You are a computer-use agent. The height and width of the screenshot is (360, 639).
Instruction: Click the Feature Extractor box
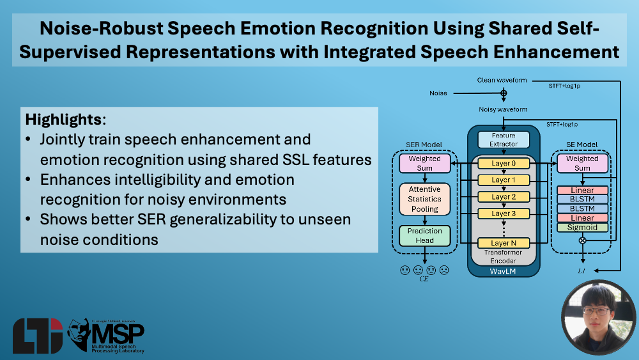click(x=504, y=139)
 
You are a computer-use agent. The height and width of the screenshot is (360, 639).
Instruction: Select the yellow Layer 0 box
click(x=504, y=163)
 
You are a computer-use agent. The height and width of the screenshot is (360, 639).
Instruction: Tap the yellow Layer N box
click(x=504, y=243)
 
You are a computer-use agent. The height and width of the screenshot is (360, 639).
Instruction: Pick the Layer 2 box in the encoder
click(x=504, y=197)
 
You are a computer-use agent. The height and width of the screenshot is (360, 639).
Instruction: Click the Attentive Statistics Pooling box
click(x=425, y=199)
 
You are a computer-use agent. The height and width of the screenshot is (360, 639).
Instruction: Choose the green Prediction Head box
click(x=425, y=236)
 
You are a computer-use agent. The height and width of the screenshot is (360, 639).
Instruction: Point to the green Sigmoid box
click(x=582, y=228)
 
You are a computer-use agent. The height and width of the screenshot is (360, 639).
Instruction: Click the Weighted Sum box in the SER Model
click(x=425, y=163)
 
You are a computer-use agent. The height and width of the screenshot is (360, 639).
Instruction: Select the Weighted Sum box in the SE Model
click(x=582, y=163)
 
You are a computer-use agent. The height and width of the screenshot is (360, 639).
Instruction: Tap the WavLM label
click(x=503, y=271)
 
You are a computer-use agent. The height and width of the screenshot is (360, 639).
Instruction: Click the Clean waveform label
click(x=502, y=81)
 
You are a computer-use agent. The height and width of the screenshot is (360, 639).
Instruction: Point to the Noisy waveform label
click(x=503, y=109)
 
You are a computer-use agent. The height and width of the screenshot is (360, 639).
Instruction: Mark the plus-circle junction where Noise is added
click(x=504, y=93)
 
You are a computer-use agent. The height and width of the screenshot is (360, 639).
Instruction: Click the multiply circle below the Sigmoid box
click(x=583, y=240)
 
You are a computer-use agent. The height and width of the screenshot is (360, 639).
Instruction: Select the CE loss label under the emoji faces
click(x=424, y=279)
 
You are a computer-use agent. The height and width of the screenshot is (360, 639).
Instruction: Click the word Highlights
click(x=63, y=120)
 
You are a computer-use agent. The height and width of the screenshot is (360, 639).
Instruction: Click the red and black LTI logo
click(x=38, y=336)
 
